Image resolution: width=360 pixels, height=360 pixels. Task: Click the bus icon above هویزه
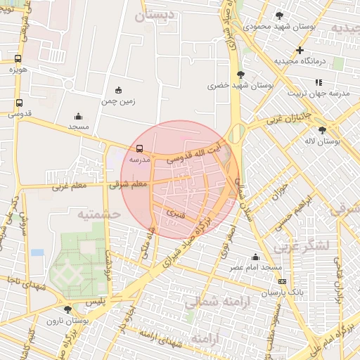pyautogui.click(x=18, y=59)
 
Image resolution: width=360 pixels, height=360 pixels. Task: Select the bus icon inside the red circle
pyautogui.click(x=139, y=149)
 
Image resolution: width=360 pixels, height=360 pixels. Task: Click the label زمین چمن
pyautogui.click(x=117, y=101)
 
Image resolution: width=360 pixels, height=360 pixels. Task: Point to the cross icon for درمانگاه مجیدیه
pyautogui.click(x=300, y=51)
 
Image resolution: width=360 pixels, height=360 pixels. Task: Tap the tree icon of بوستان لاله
pyautogui.click(x=322, y=130)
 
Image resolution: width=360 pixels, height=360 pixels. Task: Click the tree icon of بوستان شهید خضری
pyautogui.click(x=241, y=74)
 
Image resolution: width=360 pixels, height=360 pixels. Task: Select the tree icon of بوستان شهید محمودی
pyautogui.click(x=279, y=15)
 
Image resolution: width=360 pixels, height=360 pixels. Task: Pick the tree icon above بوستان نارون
pyautogui.click(x=67, y=309)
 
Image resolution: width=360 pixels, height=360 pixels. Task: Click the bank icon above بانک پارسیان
pyautogui.click(x=282, y=281)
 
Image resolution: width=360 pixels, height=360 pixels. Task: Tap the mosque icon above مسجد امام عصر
pyautogui.click(x=255, y=257)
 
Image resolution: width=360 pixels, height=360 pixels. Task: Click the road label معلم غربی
pyautogui.click(x=68, y=186)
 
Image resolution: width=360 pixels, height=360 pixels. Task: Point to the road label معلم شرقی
pyautogui.click(x=128, y=184)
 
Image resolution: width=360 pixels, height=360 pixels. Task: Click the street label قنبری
pyautogui.click(x=174, y=212)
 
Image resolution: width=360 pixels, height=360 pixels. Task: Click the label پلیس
pyautogui.click(x=94, y=300)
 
